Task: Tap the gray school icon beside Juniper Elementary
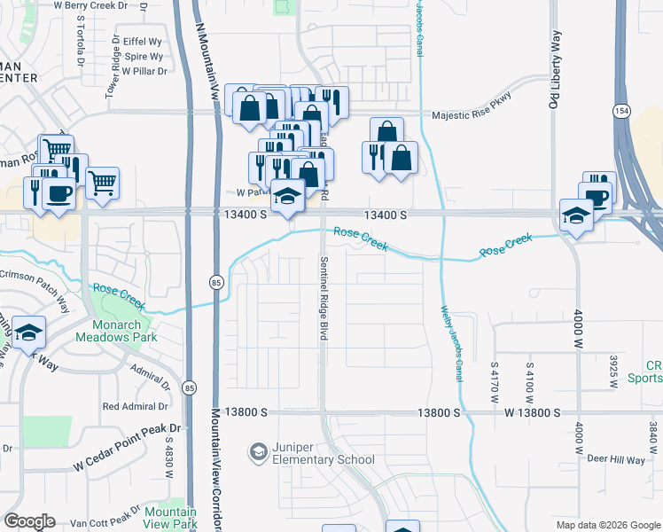coord(258,452)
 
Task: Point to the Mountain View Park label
coord(170,519)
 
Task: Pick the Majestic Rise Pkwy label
coord(480,115)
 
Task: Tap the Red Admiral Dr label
coord(135,407)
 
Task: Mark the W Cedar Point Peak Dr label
coord(127,446)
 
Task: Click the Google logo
coord(30,520)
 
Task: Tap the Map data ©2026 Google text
coord(607,525)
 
